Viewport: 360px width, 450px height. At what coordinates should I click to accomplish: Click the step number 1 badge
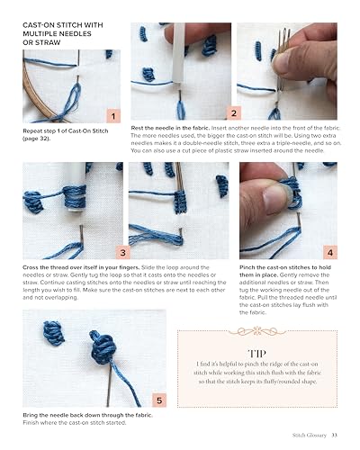click(x=111, y=115)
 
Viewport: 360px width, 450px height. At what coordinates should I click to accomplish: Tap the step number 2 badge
click(x=233, y=113)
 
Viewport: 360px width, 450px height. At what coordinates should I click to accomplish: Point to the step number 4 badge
click(x=328, y=253)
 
